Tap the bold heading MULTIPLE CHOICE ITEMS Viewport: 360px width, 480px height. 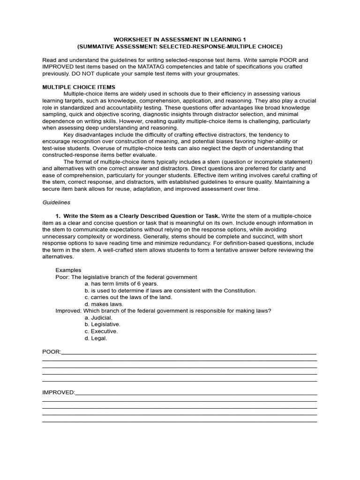(79, 87)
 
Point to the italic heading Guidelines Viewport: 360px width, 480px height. (56, 202)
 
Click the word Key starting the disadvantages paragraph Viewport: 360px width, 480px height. (69, 135)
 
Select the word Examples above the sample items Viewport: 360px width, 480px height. (68, 270)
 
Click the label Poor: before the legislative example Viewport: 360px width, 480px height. (62, 277)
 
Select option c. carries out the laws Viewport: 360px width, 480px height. (128, 297)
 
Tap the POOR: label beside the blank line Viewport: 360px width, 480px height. (52, 352)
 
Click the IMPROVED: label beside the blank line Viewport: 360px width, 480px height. (58, 392)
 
